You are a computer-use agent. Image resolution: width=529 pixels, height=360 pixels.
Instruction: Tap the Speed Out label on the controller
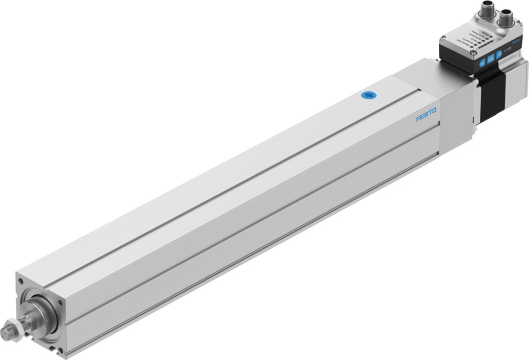(463, 43)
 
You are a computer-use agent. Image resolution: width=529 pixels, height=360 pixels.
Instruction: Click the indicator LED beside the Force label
(479, 43)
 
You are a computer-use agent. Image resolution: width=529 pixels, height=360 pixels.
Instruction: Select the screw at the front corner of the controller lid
(473, 53)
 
